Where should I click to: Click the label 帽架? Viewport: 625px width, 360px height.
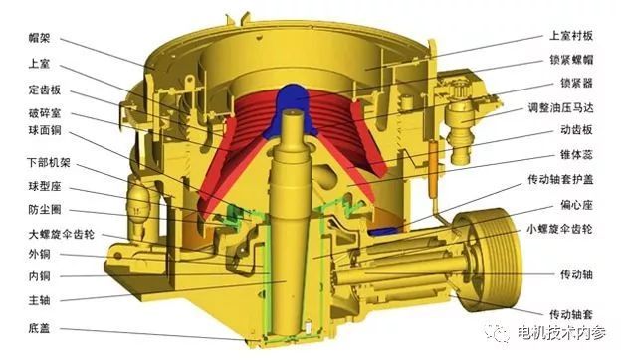point(39,38)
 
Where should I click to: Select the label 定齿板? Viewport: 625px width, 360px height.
point(45,90)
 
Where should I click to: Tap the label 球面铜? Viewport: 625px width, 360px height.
point(45,130)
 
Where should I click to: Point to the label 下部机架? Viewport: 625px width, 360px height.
point(49,162)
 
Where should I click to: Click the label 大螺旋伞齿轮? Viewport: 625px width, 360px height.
point(62,234)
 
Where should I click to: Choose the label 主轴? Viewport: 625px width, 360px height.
point(39,300)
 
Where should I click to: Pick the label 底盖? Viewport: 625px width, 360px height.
point(39,328)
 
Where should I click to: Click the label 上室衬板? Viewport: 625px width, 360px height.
point(571,36)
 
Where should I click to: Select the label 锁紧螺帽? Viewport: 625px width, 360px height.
point(571,60)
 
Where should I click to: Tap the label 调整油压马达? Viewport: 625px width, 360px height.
point(560,107)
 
